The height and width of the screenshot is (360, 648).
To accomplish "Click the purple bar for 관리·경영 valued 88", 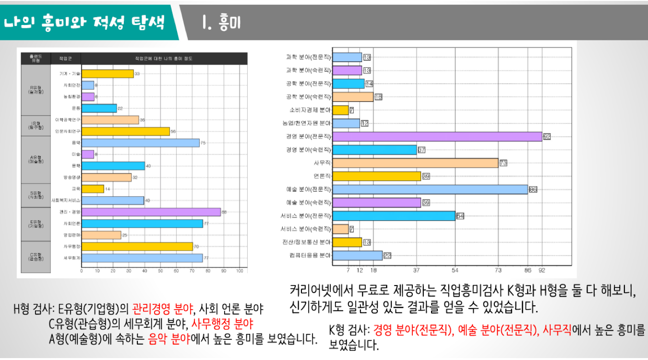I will point(151,212).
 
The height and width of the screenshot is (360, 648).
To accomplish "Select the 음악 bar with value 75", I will point(140,143).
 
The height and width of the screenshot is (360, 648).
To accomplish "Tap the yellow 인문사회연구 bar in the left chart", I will point(125,131).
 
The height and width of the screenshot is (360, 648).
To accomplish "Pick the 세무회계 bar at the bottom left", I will point(142,258).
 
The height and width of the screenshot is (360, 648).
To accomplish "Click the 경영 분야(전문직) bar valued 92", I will point(437,136).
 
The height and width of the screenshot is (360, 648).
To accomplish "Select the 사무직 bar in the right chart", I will point(415,163).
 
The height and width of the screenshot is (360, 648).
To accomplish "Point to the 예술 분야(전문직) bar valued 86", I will point(430,189).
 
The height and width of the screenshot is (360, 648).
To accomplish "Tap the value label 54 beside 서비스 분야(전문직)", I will point(460,216).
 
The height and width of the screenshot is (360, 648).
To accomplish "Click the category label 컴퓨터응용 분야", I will point(310,255).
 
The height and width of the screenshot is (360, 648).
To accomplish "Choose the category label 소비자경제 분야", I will point(310,110).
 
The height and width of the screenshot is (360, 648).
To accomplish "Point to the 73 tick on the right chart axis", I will point(498,270).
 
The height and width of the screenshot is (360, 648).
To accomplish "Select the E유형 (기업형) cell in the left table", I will point(36,224).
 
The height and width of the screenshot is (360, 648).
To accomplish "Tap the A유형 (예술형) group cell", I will point(36,160).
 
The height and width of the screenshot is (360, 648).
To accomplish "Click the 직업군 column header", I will point(65,58).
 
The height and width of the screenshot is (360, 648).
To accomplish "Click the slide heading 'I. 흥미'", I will point(221,23).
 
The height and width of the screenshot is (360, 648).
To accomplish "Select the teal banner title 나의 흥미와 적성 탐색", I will point(84,22).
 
